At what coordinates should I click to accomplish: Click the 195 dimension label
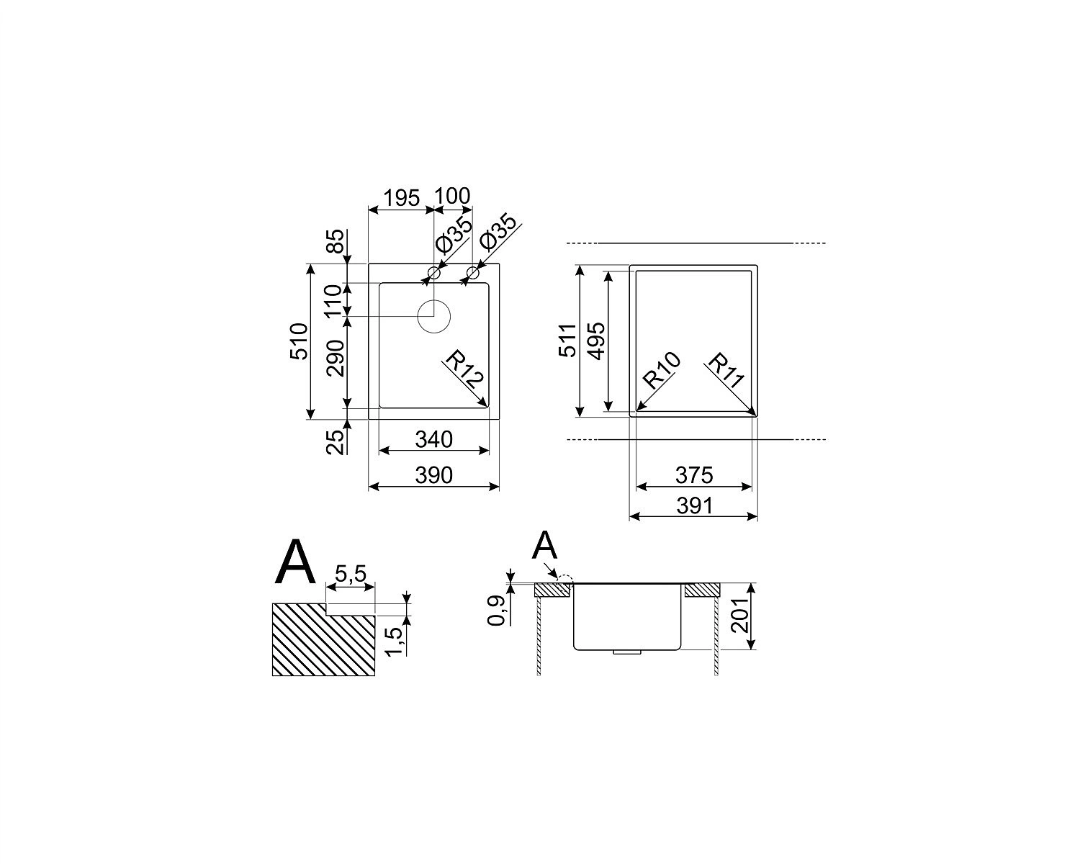click(x=402, y=198)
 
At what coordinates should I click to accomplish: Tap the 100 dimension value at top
click(x=452, y=196)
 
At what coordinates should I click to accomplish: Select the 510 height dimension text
click(x=299, y=341)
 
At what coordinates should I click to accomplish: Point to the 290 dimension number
click(x=336, y=359)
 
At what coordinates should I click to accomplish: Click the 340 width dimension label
click(x=434, y=440)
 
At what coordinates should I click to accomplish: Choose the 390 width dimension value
click(x=434, y=475)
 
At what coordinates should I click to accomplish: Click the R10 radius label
click(x=662, y=370)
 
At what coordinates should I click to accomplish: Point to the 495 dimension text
click(x=597, y=341)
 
